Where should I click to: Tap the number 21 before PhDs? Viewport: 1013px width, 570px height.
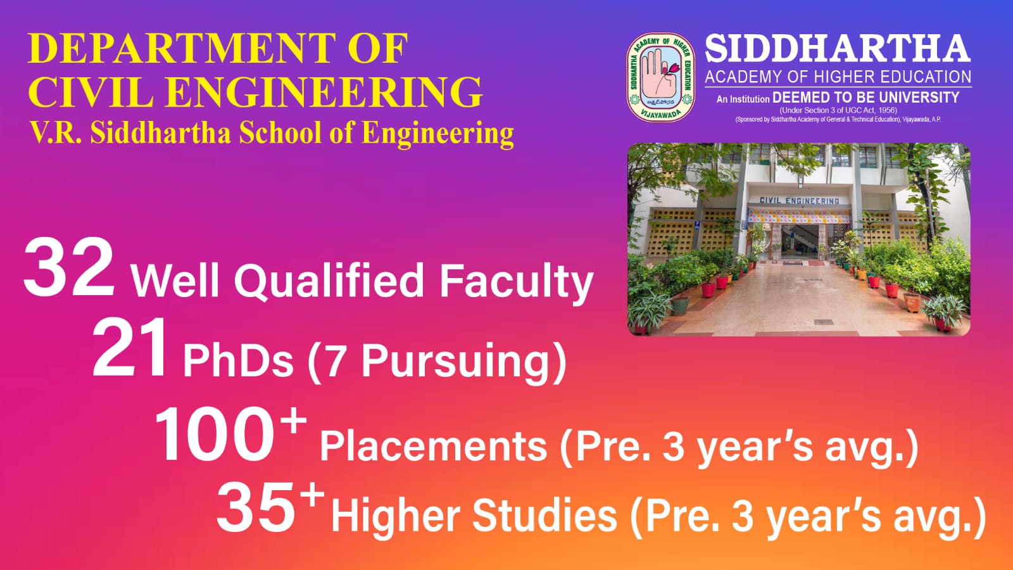(x=129, y=347)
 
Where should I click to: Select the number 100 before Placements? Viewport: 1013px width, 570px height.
(x=214, y=434)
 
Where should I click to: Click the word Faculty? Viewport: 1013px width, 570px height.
(x=516, y=281)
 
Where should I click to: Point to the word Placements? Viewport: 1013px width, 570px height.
(x=433, y=446)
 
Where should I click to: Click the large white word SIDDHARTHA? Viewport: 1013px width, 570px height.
(x=838, y=49)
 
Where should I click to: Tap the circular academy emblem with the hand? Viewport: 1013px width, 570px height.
(x=661, y=77)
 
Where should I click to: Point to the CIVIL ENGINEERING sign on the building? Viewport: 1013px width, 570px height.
(x=799, y=200)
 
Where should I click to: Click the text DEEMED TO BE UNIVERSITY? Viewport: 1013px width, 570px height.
(x=865, y=98)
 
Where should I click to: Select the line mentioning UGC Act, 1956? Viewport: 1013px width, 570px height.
(x=838, y=110)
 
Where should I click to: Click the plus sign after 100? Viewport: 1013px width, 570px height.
(x=293, y=421)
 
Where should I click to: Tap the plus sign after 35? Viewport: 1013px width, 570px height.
(x=313, y=495)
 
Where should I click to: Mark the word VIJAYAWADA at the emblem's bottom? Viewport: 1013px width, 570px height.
(x=661, y=114)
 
